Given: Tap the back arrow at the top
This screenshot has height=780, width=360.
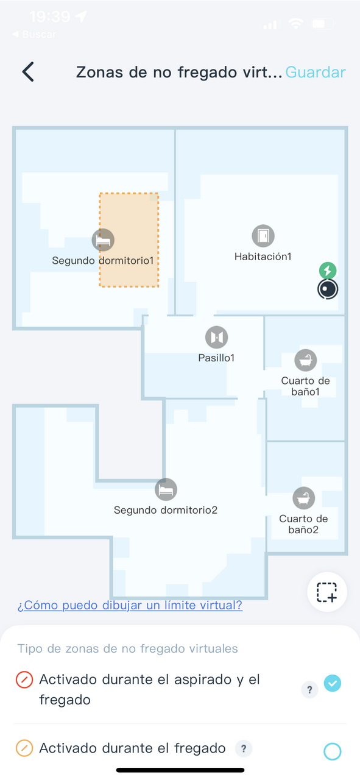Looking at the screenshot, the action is (28, 72).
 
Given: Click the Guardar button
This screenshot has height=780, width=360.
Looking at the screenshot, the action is (316, 72).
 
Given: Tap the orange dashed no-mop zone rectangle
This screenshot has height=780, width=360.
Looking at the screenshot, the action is (129, 240).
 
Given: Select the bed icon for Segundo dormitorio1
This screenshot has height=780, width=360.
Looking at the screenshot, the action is (103, 240).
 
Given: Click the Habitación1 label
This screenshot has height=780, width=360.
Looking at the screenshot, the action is (263, 257).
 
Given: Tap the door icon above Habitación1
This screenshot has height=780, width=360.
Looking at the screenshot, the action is (263, 236).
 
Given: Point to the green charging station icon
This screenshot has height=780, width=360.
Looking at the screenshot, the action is (328, 270).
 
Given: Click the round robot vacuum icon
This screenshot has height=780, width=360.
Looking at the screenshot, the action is (328, 289).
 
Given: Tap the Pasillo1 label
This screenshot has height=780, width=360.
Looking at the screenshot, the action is (216, 358).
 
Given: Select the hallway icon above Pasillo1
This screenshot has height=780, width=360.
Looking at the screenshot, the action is (217, 337).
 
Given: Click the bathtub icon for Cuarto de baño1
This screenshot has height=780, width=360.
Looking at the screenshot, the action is (306, 360).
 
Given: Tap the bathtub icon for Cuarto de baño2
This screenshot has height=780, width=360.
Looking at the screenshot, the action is (304, 498).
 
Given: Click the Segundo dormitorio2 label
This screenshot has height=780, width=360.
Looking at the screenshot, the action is (166, 510).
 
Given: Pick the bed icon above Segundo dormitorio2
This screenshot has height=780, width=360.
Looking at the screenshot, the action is (166, 489).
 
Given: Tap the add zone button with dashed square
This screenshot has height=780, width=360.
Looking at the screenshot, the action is (327, 592).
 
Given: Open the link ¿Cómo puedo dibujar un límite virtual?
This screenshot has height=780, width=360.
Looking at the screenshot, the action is (130, 605).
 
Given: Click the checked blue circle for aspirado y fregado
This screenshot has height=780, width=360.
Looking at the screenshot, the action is (333, 683).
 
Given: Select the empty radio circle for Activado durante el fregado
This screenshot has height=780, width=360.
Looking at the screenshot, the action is (333, 751).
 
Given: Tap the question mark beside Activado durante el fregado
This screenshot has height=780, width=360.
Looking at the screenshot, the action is (244, 748).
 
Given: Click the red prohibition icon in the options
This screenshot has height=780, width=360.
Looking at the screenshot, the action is (24, 679).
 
